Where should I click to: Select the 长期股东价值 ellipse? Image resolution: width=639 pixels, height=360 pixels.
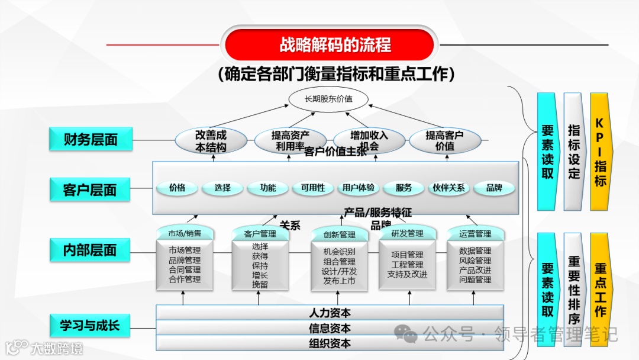click(x=328, y=99)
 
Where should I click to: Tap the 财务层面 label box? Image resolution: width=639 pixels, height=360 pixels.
click(x=91, y=140)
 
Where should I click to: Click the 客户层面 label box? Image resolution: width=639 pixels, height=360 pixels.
click(x=90, y=190)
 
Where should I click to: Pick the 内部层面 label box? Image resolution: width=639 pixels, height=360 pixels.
click(x=90, y=250)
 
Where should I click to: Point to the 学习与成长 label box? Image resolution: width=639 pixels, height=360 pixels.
click(x=90, y=325)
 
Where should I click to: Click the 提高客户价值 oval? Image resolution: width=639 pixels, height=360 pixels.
click(x=444, y=141)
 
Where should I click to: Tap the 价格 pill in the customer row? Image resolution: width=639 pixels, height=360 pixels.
click(x=177, y=188)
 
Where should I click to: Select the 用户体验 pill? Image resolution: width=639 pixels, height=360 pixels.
click(x=358, y=188)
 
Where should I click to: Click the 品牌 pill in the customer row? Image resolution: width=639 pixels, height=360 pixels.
click(x=494, y=188)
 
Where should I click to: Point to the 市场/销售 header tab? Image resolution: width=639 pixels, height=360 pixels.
click(x=185, y=233)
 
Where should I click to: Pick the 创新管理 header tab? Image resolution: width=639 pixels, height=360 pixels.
click(x=339, y=234)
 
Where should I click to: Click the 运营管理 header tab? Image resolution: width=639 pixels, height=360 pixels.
click(x=475, y=234)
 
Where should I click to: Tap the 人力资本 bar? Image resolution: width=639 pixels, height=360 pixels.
click(x=330, y=313)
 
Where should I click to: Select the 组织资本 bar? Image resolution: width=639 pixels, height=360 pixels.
click(x=330, y=343)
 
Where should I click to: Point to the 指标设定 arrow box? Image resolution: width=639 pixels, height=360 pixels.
click(x=574, y=152)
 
